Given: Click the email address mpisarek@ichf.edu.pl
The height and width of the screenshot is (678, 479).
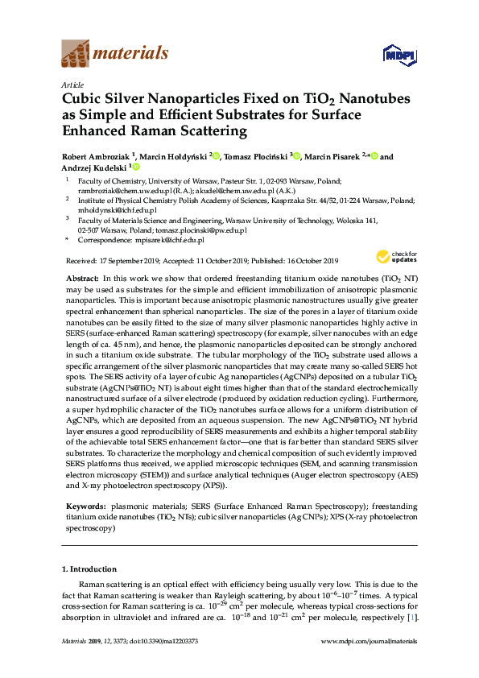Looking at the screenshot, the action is [170, 239].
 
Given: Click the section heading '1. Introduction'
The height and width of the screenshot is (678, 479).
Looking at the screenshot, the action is [89, 569].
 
